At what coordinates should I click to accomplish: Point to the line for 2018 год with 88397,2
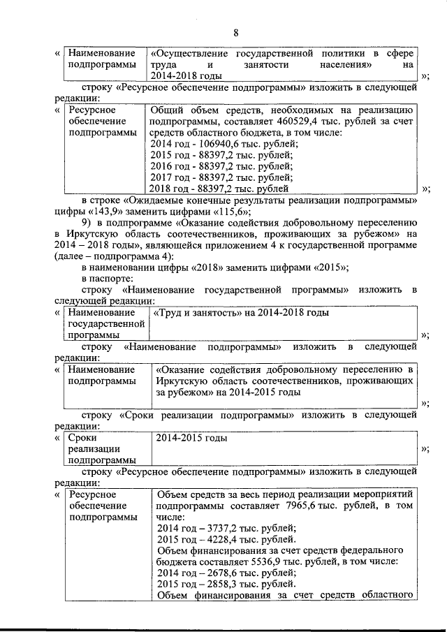point(219,189)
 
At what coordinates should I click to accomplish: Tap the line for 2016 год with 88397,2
point(219,166)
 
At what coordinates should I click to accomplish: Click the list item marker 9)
point(89,224)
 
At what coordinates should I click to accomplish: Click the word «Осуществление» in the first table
point(193,53)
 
